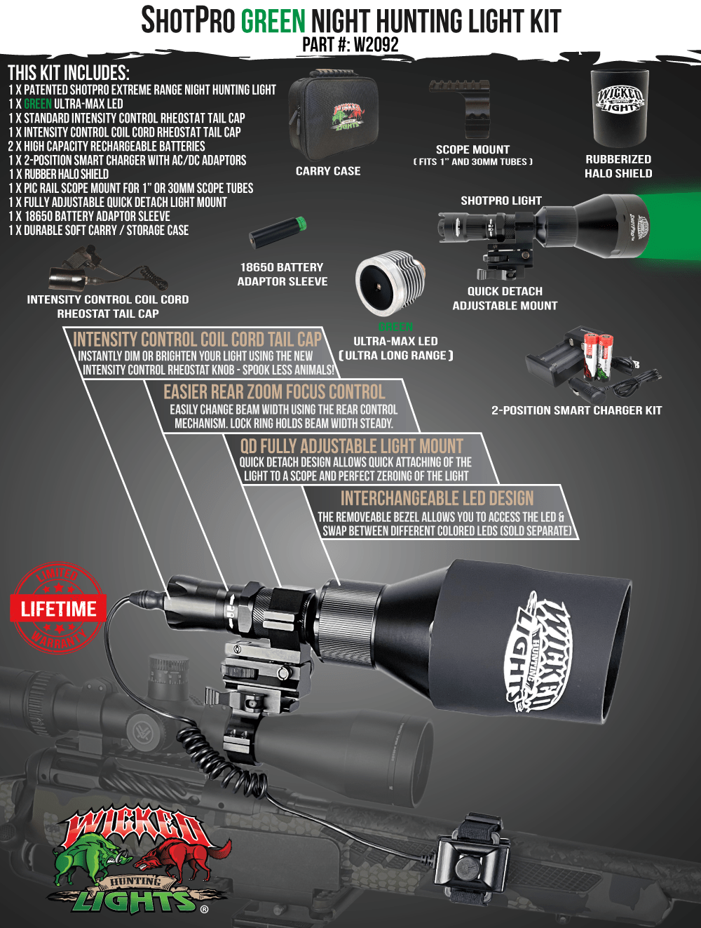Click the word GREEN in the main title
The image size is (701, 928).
coord(273,21)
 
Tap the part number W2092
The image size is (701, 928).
coord(376,45)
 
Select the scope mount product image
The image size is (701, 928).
coord(469,109)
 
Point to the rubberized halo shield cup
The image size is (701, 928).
coord(618,108)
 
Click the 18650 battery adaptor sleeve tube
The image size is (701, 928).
coord(279,232)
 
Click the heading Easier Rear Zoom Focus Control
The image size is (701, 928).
coord(274,392)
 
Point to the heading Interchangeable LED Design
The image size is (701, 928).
coord(437,498)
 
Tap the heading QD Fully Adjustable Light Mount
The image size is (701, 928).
coord(351,446)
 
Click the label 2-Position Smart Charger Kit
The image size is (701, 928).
coord(576,410)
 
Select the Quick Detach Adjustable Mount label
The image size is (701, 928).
coord(505,298)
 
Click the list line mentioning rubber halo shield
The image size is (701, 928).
coord(59,174)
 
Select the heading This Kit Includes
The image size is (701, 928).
coord(69,73)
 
